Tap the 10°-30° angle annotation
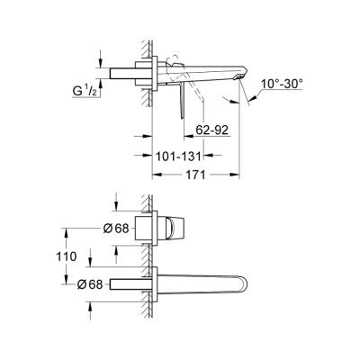pyautogui.click(x=280, y=84)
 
